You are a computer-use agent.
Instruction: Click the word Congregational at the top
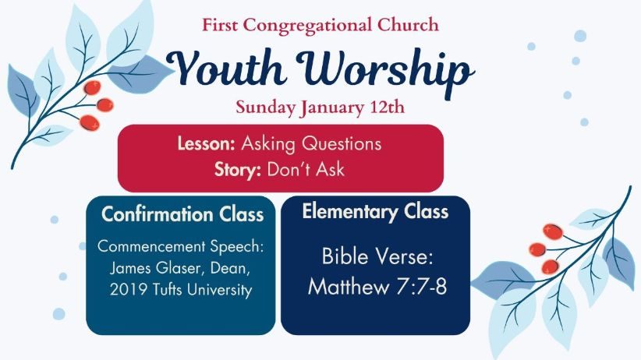click(307, 26)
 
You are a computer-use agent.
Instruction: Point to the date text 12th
click(387, 107)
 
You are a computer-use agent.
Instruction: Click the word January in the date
click(332, 108)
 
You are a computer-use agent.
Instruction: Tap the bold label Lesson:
click(206, 143)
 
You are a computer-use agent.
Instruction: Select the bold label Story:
click(238, 170)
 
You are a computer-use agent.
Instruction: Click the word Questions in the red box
click(342, 144)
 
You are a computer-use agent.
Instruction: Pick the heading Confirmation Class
click(182, 214)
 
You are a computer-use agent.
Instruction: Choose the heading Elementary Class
click(375, 212)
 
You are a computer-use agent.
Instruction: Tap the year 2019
click(129, 290)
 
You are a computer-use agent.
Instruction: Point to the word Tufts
click(168, 289)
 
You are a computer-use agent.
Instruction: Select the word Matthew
click(349, 286)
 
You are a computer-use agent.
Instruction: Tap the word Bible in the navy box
click(345, 256)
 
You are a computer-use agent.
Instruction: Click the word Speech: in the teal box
click(237, 247)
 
